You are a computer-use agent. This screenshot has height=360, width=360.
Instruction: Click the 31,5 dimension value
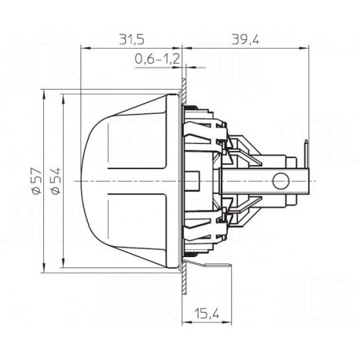[x=132, y=39]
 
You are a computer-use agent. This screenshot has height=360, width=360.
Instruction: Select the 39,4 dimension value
[x=245, y=40]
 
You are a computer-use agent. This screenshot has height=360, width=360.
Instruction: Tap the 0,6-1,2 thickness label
[x=157, y=59]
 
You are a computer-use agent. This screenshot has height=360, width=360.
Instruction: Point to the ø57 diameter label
[x=36, y=181]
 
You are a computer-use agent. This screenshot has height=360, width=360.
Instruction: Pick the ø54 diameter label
[x=56, y=181]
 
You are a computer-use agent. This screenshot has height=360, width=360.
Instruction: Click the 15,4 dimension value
[x=207, y=314]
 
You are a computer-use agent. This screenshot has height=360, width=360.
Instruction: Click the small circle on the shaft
[x=281, y=181]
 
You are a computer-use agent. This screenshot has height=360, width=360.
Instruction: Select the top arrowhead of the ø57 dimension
[x=44, y=94]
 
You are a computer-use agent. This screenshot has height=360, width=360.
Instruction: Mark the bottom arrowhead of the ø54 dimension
[x=63, y=263]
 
